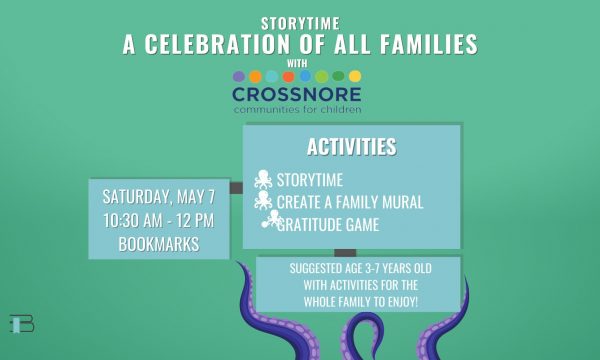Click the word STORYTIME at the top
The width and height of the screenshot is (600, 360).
[300, 24]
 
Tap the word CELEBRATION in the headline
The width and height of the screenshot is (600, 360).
[217, 44]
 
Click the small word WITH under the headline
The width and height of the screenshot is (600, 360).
[297, 63]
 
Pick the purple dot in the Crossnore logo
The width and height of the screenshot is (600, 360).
[239, 77]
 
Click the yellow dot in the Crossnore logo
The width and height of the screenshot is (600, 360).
[355, 77]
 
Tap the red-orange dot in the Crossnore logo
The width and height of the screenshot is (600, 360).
[288, 77]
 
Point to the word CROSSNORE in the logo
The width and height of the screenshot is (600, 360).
[297, 94]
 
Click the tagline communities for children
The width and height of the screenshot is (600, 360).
[297, 110]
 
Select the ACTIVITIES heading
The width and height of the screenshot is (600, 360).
[352, 147]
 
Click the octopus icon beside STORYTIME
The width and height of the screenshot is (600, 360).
[263, 179]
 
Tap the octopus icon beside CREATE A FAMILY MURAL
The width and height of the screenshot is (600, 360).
[263, 200]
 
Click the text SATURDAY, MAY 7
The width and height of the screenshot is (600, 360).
[159, 197]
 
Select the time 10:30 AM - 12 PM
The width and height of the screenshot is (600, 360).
[158, 221]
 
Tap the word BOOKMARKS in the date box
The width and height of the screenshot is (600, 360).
[159, 244]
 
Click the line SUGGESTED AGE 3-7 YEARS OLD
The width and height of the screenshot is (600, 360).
[360, 268]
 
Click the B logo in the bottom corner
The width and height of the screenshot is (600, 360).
[22, 324]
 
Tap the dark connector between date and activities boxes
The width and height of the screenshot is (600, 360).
[236, 188]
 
